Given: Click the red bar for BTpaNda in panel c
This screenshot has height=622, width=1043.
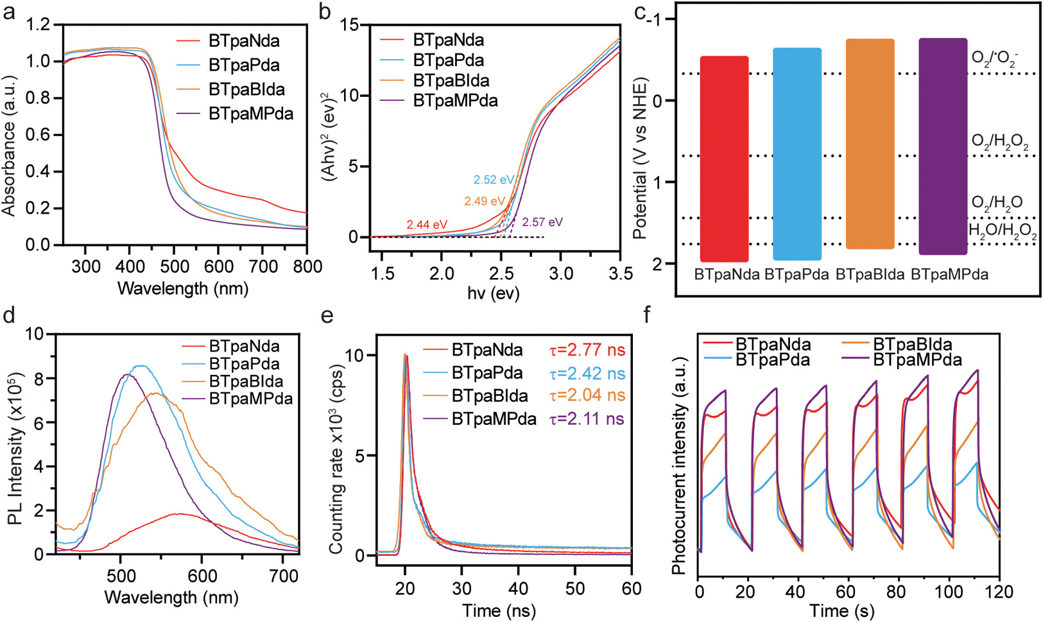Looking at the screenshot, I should pos(724,159).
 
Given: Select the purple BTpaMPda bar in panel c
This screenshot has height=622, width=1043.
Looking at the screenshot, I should pos(942,146).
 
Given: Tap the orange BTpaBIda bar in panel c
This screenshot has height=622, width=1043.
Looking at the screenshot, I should pos(870,144).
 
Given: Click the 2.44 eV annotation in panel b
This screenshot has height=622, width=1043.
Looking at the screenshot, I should pos(427,225).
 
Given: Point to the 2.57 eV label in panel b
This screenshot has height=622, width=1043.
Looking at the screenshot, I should pos(542,222).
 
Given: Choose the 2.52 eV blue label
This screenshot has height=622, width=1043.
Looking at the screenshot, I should pos(494,180).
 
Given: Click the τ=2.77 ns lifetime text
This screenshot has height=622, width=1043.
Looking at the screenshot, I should pos(587,350).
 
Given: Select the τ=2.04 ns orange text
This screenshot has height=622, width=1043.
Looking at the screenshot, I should pos(587,395).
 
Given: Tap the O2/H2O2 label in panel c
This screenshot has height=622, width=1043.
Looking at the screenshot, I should pos(999,143).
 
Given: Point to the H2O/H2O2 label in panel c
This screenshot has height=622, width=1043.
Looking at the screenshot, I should pos(1002,231).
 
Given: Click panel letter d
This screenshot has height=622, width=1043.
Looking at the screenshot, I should pos(9,315).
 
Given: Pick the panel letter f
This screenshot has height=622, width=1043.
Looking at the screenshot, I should pos(647,315).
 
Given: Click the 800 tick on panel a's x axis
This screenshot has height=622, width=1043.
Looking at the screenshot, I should pos(307,266).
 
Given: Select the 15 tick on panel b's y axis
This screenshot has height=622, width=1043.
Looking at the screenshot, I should pos(351,25).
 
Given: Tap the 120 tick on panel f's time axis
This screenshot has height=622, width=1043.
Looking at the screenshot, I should pos(999,591).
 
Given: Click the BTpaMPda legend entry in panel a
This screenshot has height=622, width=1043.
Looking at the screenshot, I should pos(250,114).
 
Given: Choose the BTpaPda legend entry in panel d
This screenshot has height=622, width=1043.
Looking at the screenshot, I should pos(244,364).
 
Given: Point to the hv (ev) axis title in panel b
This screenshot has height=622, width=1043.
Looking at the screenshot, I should pos(493,293).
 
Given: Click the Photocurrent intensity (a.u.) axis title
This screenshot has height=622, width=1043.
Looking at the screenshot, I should pos(679,465).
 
